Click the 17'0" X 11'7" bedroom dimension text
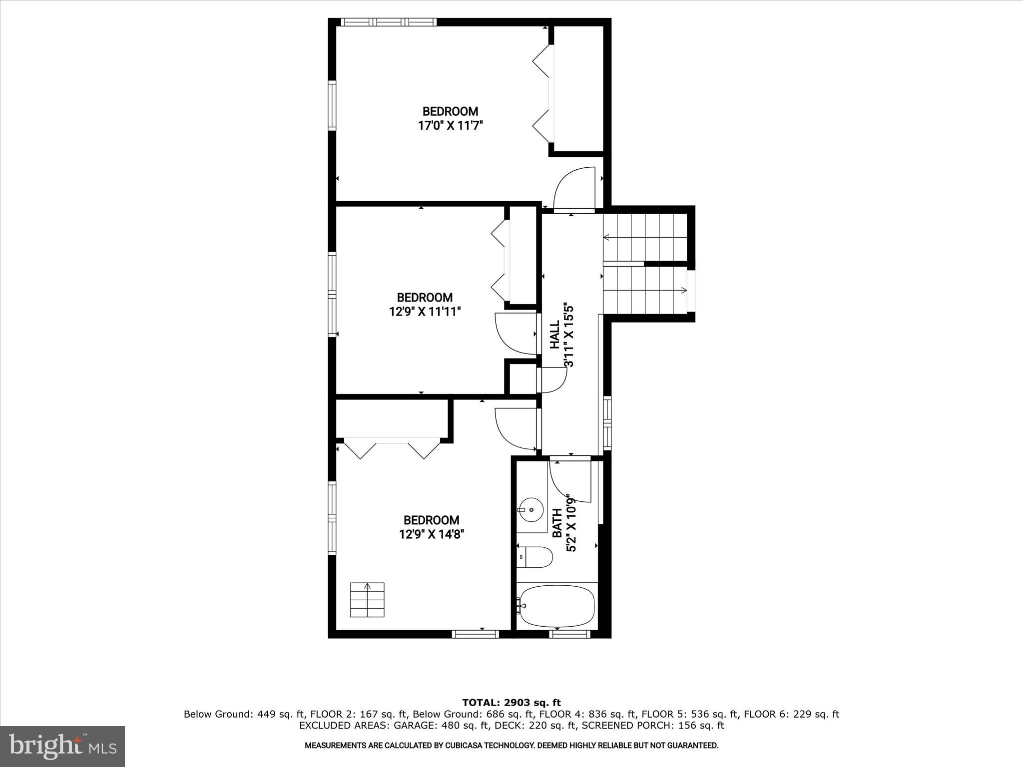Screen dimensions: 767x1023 (x=450, y=125)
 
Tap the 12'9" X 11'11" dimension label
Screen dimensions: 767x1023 (x=425, y=312)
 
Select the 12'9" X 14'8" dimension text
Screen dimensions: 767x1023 (x=432, y=534)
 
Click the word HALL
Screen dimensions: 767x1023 (x=555, y=335)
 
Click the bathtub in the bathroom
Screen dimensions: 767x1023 (x=557, y=606)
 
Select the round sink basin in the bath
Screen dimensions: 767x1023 (x=531, y=510)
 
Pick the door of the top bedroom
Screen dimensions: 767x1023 (x=574, y=190)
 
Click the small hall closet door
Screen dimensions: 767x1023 (x=552, y=380)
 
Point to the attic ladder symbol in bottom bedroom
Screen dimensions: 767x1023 (x=367, y=599)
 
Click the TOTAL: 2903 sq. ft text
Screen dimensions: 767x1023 (x=511, y=703)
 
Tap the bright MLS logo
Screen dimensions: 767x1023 (x=62, y=746)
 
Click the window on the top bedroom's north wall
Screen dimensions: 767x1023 (x=389, y=22)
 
